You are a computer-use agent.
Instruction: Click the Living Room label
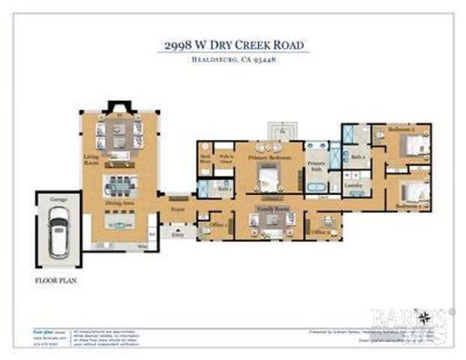click(91, 159)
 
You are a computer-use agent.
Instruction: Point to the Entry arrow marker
click(178, 225)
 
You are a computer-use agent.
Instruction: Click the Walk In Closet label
click(223, 158)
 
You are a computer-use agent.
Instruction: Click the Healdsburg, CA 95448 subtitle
click(234, 60)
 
